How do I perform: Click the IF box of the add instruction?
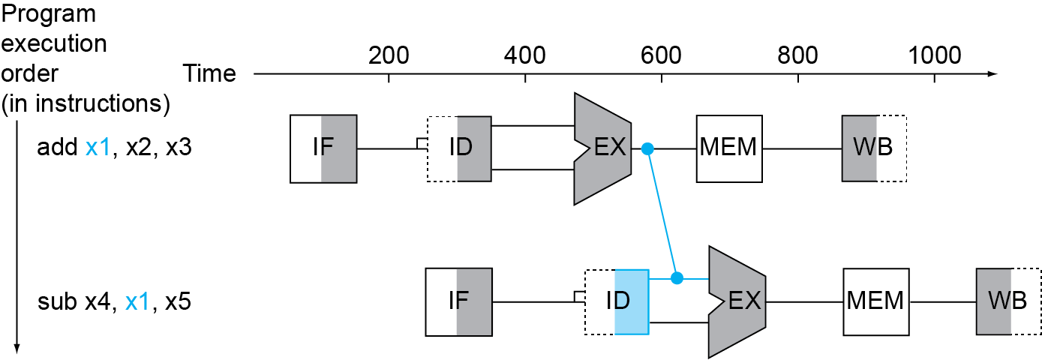click(323, 148)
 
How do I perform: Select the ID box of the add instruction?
click(459, 148)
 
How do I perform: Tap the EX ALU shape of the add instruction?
click(605, 148)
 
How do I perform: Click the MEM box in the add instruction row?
click(729, 148)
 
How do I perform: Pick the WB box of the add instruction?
click(874, 148)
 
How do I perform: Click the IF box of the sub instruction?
click(458, 301)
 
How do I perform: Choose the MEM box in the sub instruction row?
click(874, 301)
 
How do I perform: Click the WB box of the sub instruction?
click(1009, 301)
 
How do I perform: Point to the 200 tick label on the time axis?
click(389, 55)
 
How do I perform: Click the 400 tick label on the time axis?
click(524, 55)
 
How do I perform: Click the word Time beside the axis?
click(209, 73)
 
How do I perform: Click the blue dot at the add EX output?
click(649, 149)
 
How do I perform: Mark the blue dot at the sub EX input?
click(677, 279)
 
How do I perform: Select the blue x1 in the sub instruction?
click(137, 301)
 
